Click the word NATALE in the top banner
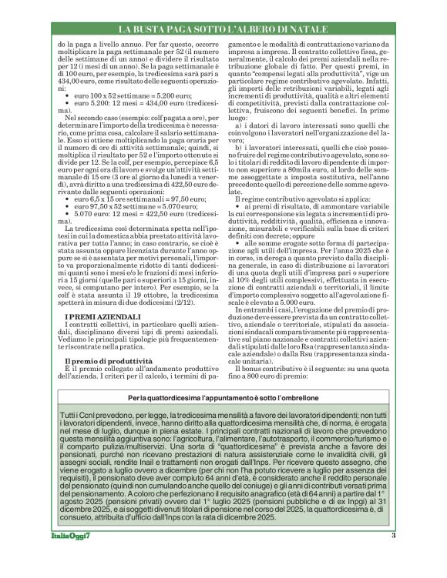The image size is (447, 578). point(306,29)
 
